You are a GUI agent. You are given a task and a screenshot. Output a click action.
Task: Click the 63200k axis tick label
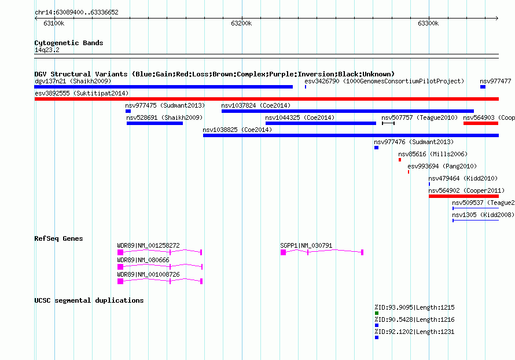point(241,23)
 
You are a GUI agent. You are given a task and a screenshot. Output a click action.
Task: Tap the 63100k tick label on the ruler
point(54,23)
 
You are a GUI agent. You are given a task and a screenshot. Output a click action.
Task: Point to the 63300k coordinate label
point(428,23)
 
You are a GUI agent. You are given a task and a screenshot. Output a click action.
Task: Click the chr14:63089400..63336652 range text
point(76,12)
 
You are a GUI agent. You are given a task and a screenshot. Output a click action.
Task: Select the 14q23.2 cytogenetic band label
point(47,50)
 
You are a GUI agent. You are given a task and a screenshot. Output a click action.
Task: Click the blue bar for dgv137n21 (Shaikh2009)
point(164,87)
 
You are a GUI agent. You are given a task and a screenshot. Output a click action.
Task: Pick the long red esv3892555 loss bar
point(267,99)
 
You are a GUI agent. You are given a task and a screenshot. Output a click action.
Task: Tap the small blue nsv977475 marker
point(128,111)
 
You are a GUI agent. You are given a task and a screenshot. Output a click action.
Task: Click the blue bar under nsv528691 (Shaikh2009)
point(154,123)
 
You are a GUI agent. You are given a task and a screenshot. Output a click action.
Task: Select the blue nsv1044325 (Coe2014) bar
point(321,123)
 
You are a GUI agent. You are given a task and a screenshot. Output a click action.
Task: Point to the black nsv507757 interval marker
point(388,123)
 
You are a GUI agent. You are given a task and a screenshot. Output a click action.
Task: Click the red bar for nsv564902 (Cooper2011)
point(463,196)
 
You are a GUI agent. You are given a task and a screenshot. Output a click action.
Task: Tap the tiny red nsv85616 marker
point(400,160)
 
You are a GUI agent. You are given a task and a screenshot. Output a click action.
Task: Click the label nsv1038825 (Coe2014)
point(237,130)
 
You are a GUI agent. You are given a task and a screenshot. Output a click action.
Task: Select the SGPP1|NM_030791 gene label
point(307,245)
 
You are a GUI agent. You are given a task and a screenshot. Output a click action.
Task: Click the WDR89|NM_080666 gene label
point(143,260)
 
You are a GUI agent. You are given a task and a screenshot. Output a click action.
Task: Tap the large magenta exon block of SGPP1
point(283,252)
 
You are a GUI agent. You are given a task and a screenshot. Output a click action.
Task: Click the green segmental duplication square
point(377,313)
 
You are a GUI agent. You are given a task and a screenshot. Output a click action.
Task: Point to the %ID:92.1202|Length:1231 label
point(414,332)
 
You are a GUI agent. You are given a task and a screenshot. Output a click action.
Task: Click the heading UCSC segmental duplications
point(89,300)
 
